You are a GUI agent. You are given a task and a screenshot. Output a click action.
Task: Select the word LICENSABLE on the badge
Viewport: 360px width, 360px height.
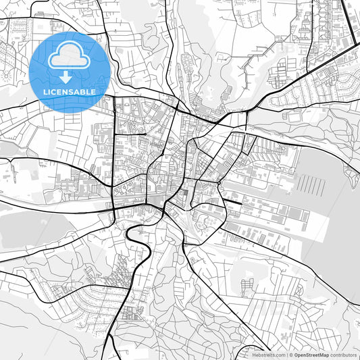pos(68,92)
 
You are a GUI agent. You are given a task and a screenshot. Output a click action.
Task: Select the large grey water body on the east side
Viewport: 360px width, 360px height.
pos(334,203)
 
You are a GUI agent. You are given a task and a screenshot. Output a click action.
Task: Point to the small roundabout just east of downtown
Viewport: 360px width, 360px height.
pos(220,182)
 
